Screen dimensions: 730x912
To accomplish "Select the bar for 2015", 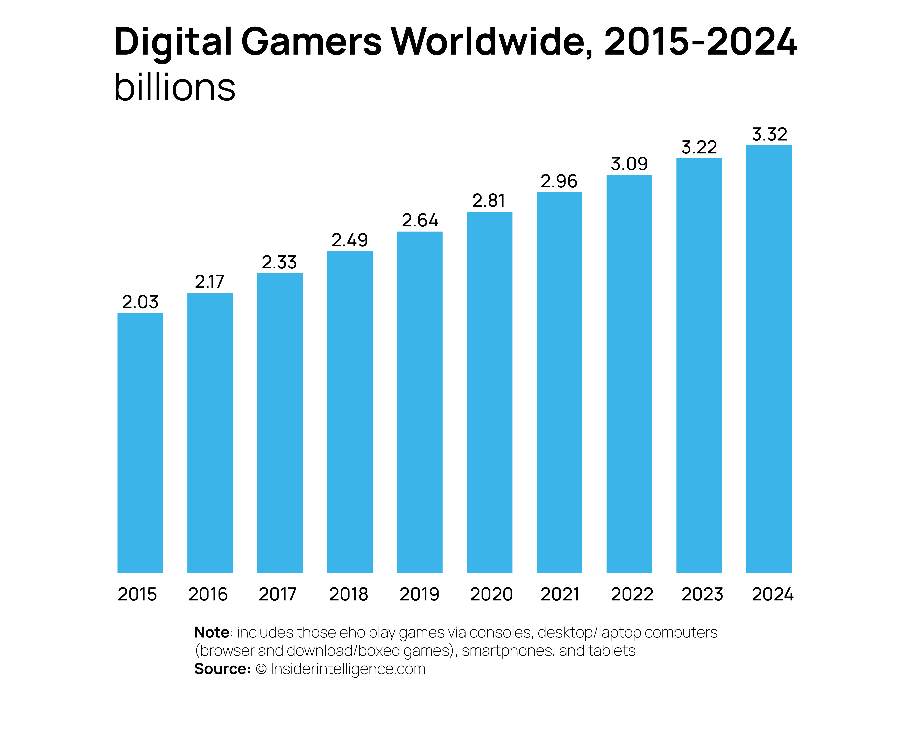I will (140, 443).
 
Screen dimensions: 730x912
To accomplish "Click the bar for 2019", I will (420, 402).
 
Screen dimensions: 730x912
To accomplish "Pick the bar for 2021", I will (559, 382).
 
